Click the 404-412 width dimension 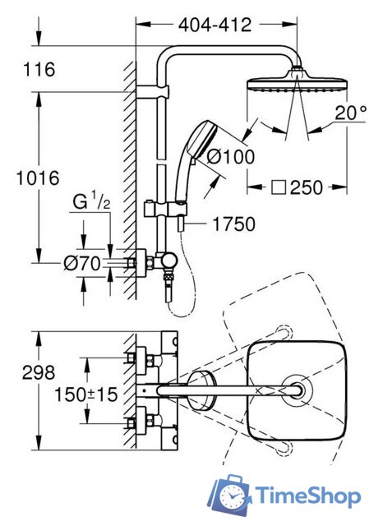point(215,25)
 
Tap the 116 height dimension point(39,69)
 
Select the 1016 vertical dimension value point(38,178)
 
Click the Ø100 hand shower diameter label point(231,156)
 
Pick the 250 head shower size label point(307,187)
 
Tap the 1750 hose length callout point(233,224)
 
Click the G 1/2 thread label point(91,202)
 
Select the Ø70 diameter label point(82,263)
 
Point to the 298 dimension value point(39,372)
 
